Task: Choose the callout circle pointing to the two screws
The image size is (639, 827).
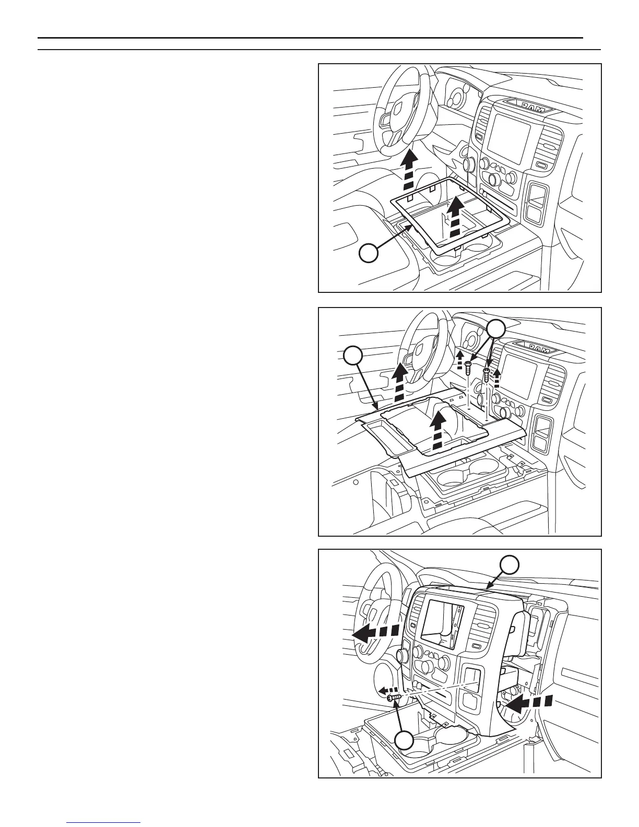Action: tap(496, 329)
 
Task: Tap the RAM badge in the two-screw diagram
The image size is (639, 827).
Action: tap(532, 347)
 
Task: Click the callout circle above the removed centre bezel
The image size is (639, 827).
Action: tap(510, 565)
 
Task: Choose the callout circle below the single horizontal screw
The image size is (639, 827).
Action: tap(404, 741)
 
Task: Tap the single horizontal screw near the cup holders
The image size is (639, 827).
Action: tap(393, 696)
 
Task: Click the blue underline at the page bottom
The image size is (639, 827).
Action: tap(104, 822)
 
